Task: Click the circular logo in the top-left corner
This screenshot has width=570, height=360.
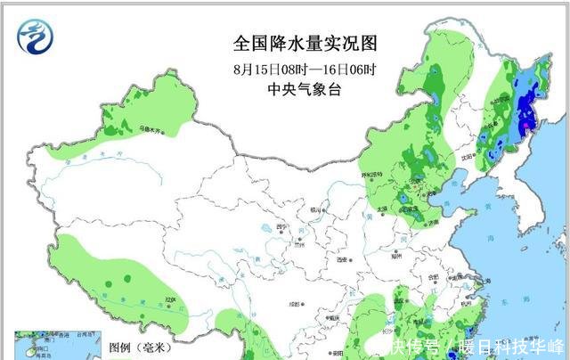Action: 37,37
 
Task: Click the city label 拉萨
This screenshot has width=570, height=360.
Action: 169,300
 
